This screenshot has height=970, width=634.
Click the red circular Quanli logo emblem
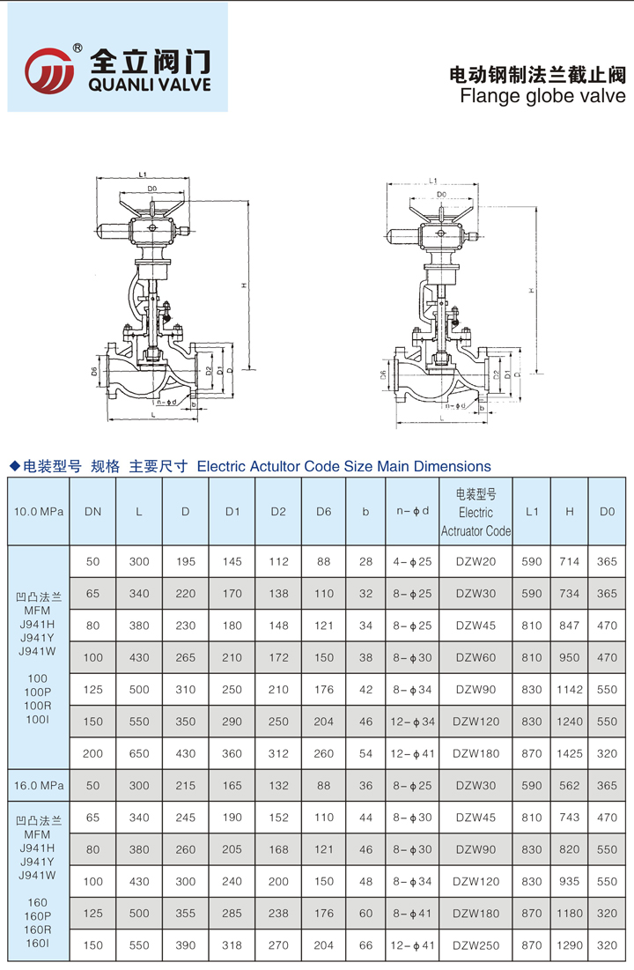point(48,69)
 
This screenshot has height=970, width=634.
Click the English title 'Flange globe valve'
point(542,96)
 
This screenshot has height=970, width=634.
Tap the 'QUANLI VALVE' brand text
point(151,85)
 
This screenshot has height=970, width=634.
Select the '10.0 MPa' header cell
point(39,511)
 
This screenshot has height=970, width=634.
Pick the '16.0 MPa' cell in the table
point(39,784)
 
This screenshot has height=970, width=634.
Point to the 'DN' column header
point(92,511)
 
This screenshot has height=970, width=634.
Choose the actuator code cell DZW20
point(475,561)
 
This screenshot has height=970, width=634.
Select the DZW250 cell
point(475,945)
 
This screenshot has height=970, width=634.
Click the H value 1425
point(570,753)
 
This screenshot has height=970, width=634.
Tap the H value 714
point(570,561)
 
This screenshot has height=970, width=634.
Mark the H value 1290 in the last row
point(570,945)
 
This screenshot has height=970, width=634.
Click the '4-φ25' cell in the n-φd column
point(413,561)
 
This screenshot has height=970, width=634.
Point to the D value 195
point(186,561)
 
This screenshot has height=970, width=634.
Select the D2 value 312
point(278,753)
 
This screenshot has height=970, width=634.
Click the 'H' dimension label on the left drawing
point(242,285)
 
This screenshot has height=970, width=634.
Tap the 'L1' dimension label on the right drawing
point(432,181)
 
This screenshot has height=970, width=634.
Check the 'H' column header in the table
point(570,511)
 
